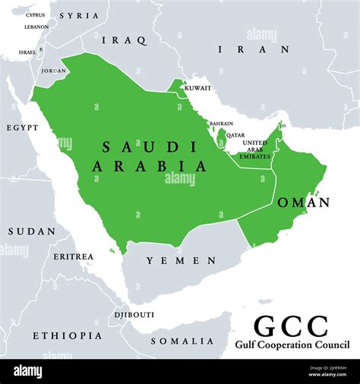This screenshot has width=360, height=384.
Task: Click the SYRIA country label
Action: (78, 15)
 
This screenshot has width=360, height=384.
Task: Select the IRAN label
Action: (254, 49)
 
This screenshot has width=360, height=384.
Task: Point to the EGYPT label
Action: (22, 128)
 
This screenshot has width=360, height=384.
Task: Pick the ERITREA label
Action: (73, 257)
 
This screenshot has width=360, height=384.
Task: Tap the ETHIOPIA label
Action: (67, 335)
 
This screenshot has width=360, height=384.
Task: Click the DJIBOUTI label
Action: (134, 314)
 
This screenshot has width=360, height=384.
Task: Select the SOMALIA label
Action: (182, 341)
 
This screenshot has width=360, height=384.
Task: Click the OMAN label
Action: (303, 203)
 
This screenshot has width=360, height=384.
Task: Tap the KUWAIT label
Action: (198, 88)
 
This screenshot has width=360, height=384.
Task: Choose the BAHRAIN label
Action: (221, 123)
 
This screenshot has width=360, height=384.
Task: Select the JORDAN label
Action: (53, 71)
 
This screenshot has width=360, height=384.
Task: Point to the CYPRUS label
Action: (35, 14)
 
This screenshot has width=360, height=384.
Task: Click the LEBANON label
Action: (36, 27)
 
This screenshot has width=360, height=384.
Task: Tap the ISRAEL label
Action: (27, 52)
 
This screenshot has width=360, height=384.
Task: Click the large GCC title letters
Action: (290, 326)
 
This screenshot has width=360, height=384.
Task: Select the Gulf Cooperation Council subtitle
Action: (291, 345)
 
